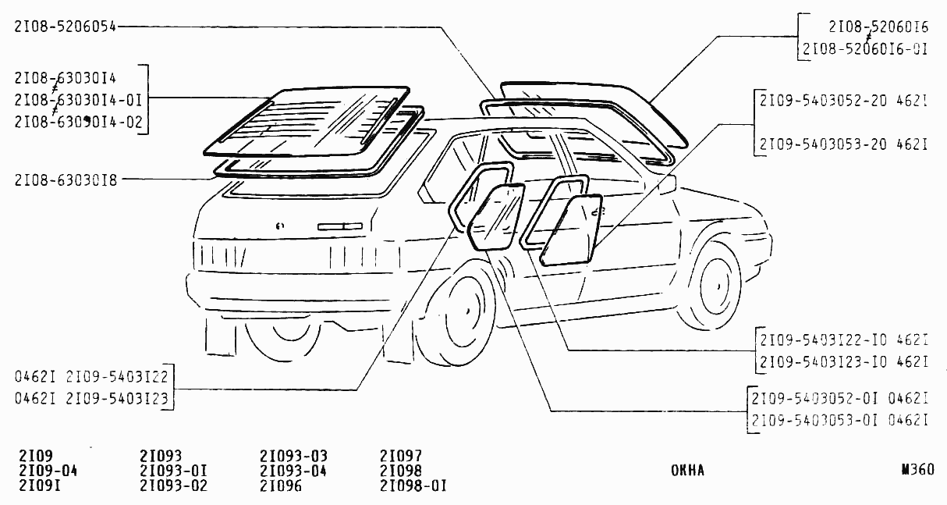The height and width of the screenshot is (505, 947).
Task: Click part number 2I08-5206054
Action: click(65, 27)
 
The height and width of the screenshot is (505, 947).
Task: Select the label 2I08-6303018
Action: click(66, 180)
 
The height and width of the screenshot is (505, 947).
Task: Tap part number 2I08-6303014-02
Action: click(79, 122)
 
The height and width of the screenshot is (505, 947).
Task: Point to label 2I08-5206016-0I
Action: click(864, 49)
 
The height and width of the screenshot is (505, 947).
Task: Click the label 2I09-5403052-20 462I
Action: click(843, 101)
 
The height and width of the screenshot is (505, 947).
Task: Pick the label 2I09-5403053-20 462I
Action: click(843, 144)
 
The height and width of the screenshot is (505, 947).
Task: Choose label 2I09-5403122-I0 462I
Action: click(844, 340)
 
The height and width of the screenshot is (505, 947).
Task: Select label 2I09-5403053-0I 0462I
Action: click(839, 421)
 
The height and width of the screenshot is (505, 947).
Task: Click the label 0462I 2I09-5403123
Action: click(91, 398)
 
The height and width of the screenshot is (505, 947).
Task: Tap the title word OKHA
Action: click(687, 471)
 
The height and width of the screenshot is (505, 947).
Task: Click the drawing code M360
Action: click(917, 470)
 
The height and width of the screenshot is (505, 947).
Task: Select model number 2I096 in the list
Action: click(281, 485)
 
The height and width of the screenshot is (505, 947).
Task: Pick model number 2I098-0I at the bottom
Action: click(413, 485)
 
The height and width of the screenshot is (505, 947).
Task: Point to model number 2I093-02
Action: click(173, 485)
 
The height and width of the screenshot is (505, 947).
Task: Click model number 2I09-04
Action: click(48, 471)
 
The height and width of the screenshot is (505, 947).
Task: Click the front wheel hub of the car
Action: click(718, 286)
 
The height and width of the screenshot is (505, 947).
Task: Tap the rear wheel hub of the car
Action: click(467, 311)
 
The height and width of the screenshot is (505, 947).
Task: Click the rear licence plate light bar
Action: click(340, 226)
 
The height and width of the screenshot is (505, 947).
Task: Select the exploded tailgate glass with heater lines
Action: click(307, 122)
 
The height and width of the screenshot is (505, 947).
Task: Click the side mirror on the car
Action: click(668, 185)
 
